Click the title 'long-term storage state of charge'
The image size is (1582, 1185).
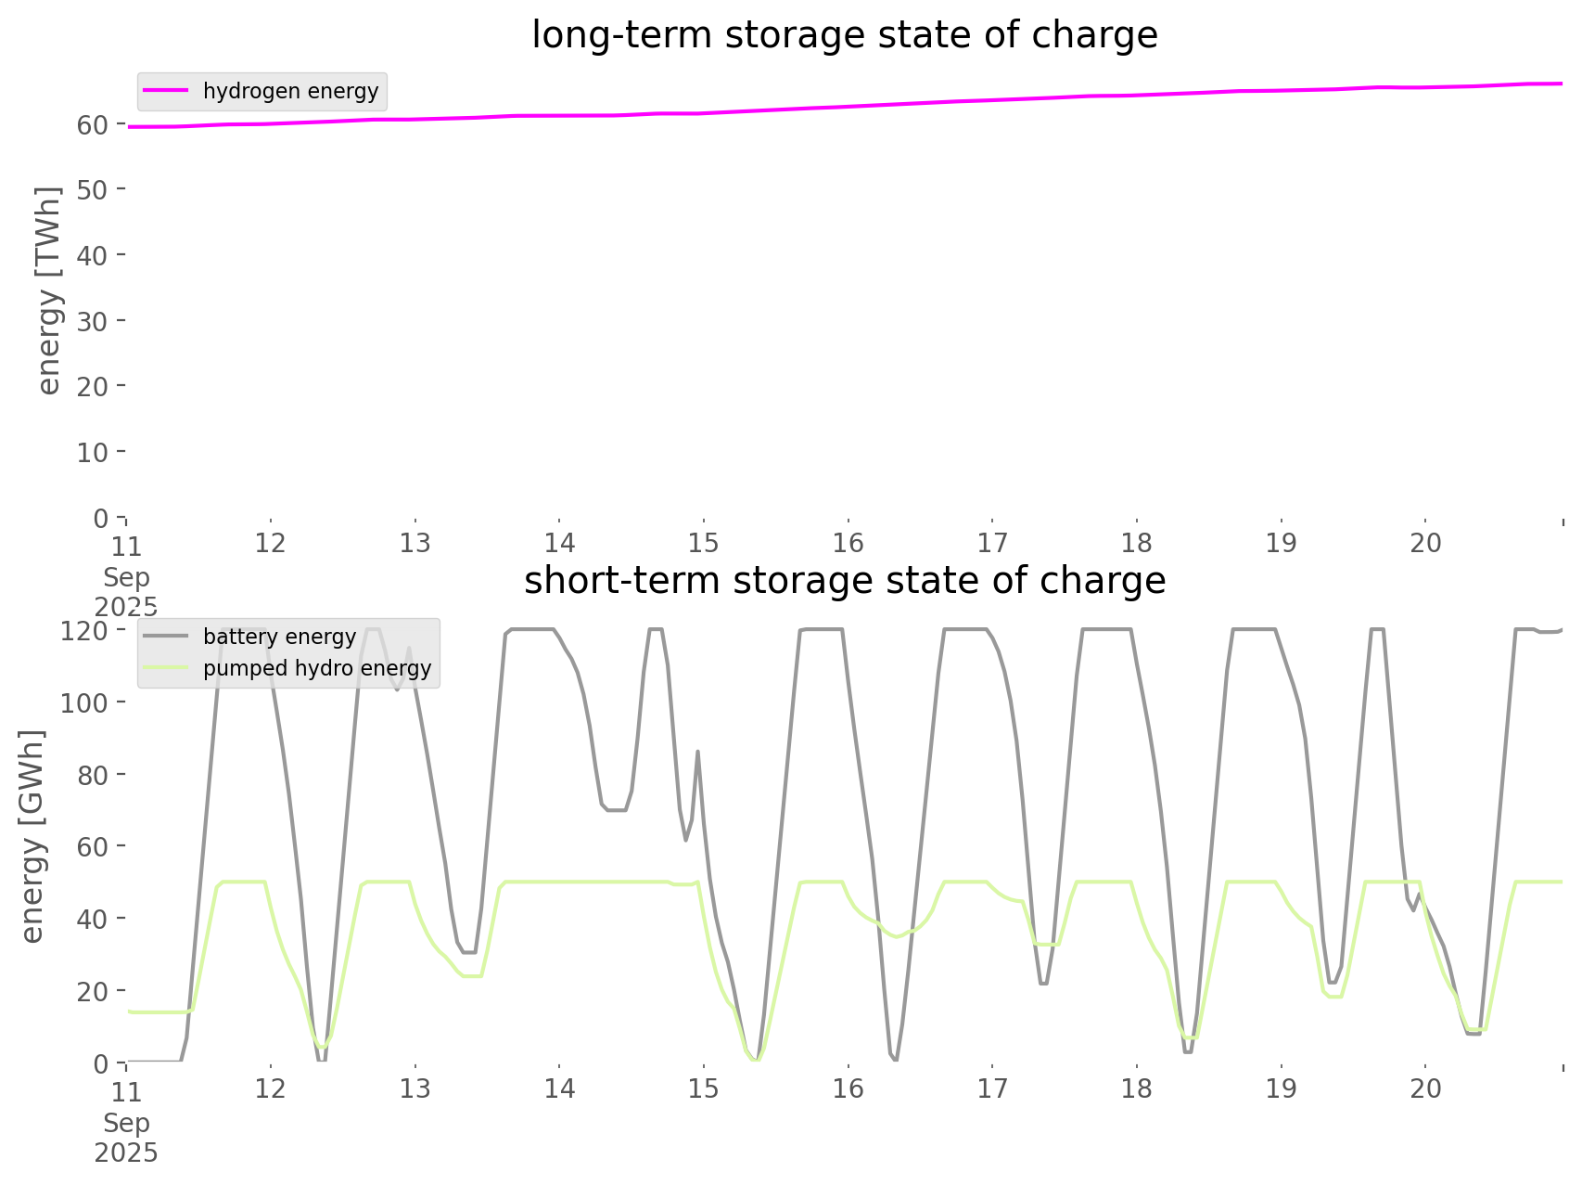[x=844, y=35]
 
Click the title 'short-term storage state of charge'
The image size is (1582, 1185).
[x=844, y=581]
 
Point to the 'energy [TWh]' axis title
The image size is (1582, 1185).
[x=49, y=291]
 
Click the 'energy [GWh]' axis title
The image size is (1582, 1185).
[x=32, y=836]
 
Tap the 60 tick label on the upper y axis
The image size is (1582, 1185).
[x=93, y=124]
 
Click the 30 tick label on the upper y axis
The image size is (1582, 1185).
[x=93, y=321]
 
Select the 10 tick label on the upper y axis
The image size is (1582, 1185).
[x=93, y=453]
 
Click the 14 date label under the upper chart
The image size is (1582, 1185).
[x=559, y=543]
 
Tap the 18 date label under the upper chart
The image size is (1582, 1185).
[x=1137, y=543]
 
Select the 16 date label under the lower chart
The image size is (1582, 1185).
[x=848, y=1088]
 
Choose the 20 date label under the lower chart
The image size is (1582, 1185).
[x=1426, y=1088]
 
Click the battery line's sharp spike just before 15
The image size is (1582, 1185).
[x=697, y=752]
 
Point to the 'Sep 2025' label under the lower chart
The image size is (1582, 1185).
[x=126, y=1139]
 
